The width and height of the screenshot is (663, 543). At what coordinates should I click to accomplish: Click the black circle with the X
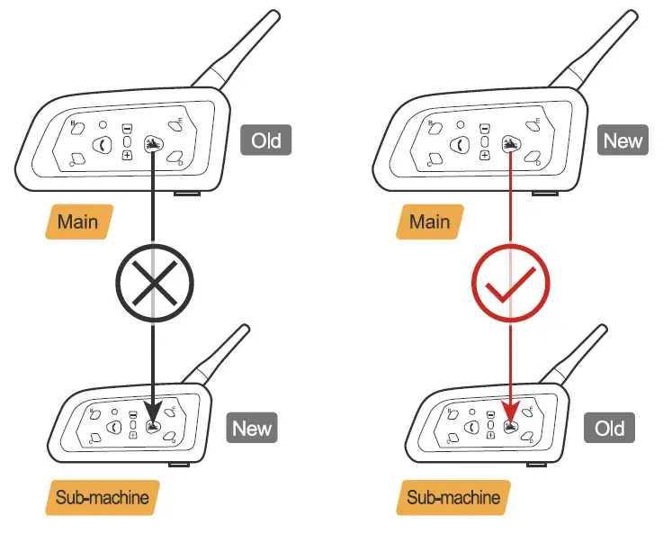(154, 284)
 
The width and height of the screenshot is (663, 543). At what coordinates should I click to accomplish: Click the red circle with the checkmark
(511, 284)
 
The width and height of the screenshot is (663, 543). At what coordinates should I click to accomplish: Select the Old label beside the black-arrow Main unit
(265, 140)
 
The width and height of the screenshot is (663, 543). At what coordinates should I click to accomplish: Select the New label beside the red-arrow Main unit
(623, 140)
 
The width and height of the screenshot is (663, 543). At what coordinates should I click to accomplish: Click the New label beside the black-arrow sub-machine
(252, 428)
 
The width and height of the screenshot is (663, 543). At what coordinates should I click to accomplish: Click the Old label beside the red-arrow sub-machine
(609, 428)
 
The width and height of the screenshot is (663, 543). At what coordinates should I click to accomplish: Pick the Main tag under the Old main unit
(78, 221)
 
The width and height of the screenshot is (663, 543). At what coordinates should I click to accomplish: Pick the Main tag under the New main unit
(429, 221)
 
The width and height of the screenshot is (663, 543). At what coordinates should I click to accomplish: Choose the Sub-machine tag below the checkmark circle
(452, 496)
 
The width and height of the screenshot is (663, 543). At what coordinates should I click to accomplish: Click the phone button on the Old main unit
(103, 143)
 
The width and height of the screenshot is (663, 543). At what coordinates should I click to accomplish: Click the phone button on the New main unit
(461, 143)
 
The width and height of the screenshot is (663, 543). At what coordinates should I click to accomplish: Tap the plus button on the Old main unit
(127, 155)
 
